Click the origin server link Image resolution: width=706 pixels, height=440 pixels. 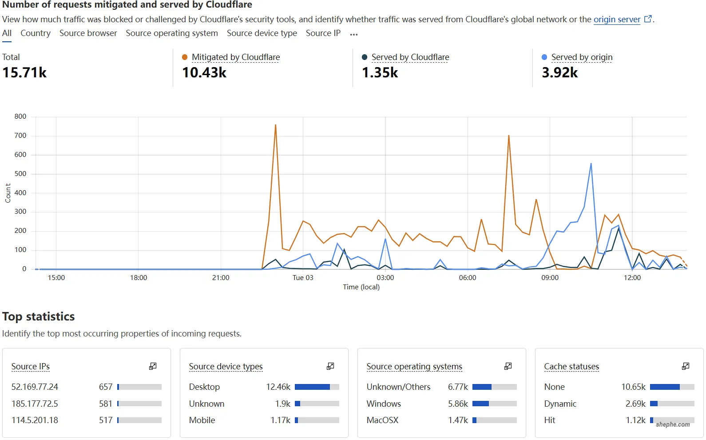(x=617, y=20)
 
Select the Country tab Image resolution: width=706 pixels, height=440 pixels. (x=36, y=33)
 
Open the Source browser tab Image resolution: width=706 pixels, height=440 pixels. (x=88, y=33)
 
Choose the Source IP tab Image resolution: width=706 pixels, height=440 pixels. (x=323, y=33)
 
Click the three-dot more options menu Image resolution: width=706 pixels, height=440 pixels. (x=353, y=34)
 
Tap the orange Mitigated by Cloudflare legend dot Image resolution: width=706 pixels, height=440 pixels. (x=185, y=57)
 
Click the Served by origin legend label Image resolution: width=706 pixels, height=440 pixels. (x=582, y=57)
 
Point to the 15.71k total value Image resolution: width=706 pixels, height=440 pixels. (x=24, y=72)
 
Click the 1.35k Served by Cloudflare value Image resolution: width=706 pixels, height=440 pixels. (x=380, y=72)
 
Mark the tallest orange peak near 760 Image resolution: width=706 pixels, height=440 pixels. (x=275, y=125)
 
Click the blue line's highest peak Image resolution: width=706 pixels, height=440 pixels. (x=591, y=164)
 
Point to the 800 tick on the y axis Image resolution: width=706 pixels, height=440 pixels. (x=20, y=116)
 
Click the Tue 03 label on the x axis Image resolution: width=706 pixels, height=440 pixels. (x=303, y=278)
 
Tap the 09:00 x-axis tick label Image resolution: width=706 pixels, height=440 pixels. (x=550, y=278)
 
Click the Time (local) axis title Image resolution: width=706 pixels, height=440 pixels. (x=361, y=287)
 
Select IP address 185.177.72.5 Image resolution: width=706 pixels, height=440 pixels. (x=35, y=404)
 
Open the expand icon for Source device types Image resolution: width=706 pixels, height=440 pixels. (x=330, y=366)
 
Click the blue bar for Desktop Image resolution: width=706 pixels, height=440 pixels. (x=312, y=387)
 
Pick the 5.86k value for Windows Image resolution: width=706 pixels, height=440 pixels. (x=458, y=404)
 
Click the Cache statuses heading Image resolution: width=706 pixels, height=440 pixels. (x=571, y=367)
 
